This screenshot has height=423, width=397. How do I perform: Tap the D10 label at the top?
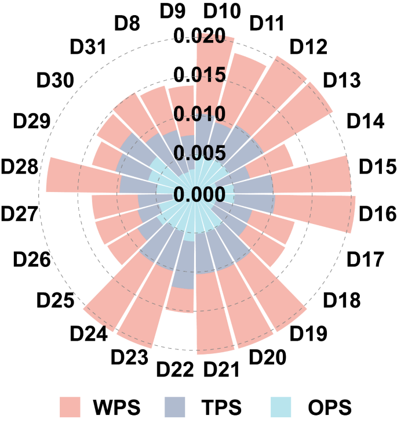[x=223, y=12]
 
